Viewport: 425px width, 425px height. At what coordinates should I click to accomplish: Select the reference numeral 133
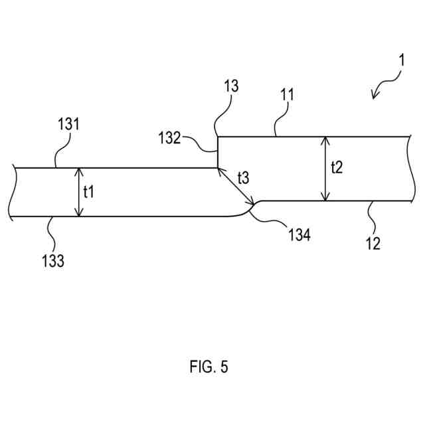[x=52, y=261]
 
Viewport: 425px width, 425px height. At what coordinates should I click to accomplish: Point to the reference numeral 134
[x=299, y=234]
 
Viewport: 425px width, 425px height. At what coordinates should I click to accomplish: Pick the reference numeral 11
[x=287, y=94]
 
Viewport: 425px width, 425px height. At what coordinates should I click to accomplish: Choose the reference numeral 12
[x=373, y=244]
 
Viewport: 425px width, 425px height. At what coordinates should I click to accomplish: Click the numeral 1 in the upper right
[x=401, y=61]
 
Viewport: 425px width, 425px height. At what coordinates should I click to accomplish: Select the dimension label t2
[x=337, y=168]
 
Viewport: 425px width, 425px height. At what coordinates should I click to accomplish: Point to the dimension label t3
[x=244, y=179]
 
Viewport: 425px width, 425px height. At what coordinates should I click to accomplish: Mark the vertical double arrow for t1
[x=79, y=192]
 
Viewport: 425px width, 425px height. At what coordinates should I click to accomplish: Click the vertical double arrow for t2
[x=325, y=169]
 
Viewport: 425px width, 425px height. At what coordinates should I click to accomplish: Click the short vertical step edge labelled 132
[x=218, y=152]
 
